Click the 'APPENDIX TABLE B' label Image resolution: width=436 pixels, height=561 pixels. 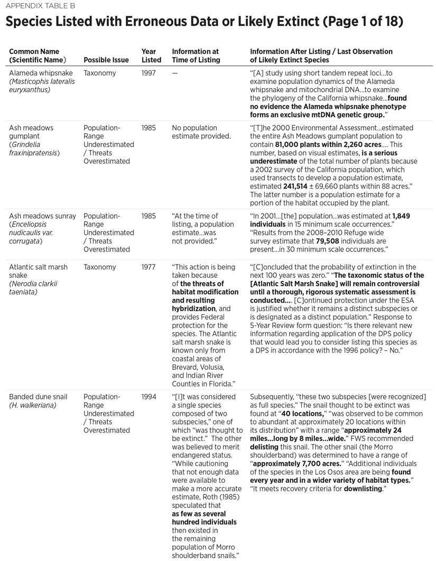[x=38, y=6]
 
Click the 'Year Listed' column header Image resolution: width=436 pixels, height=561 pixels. [x=149, y=55]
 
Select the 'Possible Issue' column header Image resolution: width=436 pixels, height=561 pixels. [x=106, y=60]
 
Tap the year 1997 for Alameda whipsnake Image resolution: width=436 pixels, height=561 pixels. [x=149, y=73]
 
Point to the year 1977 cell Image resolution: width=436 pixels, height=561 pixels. [x=149, y=267]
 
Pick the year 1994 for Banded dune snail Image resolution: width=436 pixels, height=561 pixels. [x=149, y=397]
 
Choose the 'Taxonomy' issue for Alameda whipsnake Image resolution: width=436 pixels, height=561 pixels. [x=99, y=73]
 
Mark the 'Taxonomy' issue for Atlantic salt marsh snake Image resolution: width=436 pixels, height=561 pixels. [x=99, y=267]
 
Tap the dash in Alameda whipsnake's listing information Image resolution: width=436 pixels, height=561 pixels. [x=175, y=73]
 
